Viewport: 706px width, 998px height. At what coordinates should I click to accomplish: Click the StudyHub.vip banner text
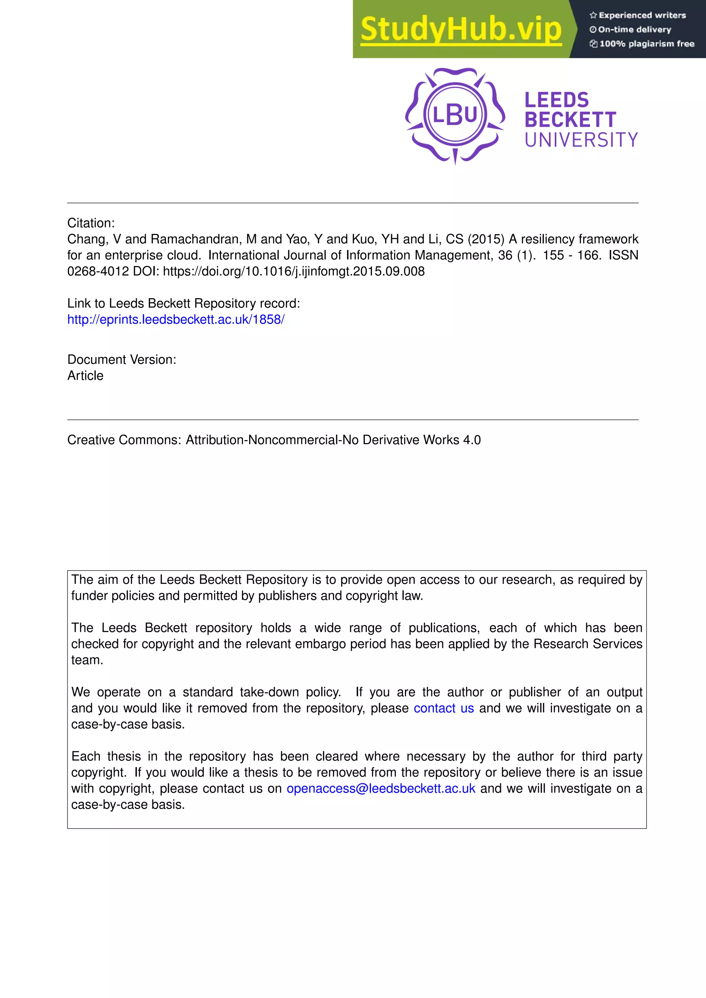461,30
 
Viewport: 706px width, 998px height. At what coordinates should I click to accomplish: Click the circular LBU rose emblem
455,115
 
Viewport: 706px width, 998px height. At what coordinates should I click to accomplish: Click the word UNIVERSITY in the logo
581,140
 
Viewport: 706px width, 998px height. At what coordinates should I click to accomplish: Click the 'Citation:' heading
91,223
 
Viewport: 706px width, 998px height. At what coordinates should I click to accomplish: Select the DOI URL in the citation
293,271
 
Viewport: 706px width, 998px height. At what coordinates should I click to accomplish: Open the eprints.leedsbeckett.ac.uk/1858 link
175,319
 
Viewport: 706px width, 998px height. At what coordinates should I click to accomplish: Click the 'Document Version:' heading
122,359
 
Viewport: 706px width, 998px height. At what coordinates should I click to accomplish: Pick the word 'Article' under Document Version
85,376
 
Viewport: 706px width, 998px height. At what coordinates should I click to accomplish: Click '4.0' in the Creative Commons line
472,440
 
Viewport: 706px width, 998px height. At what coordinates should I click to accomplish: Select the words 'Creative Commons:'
124,440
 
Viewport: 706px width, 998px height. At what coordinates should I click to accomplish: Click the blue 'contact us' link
443,708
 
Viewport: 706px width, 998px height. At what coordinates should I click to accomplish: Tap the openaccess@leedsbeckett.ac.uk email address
381,788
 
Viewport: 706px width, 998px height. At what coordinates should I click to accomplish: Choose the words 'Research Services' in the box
588,644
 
